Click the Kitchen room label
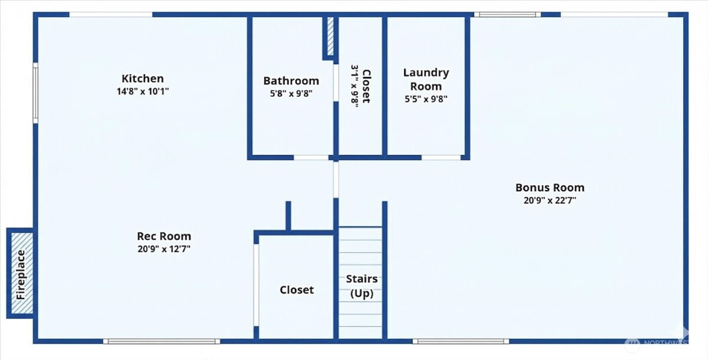point(143,78)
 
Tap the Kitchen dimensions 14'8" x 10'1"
point(143,91)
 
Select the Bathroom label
point(291,81)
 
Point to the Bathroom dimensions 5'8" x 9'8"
point(291,94)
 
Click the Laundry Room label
point(426,79)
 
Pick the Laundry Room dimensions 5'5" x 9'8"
point(426,99)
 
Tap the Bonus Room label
point(550,188)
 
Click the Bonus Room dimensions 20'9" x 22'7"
point(550,201)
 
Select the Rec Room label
point(164,236)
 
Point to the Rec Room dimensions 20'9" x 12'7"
point(164,249)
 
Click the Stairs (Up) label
point(362,286)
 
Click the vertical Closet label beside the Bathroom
point(366,86)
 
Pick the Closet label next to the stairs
point(297,290)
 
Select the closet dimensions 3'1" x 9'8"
point(355,86)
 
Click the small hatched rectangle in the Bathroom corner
point(330,36)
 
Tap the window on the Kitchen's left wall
point(35,93)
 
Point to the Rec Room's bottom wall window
point(162,341)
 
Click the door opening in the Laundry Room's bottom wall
point(441,158)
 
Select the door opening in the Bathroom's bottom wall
point(311,158)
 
